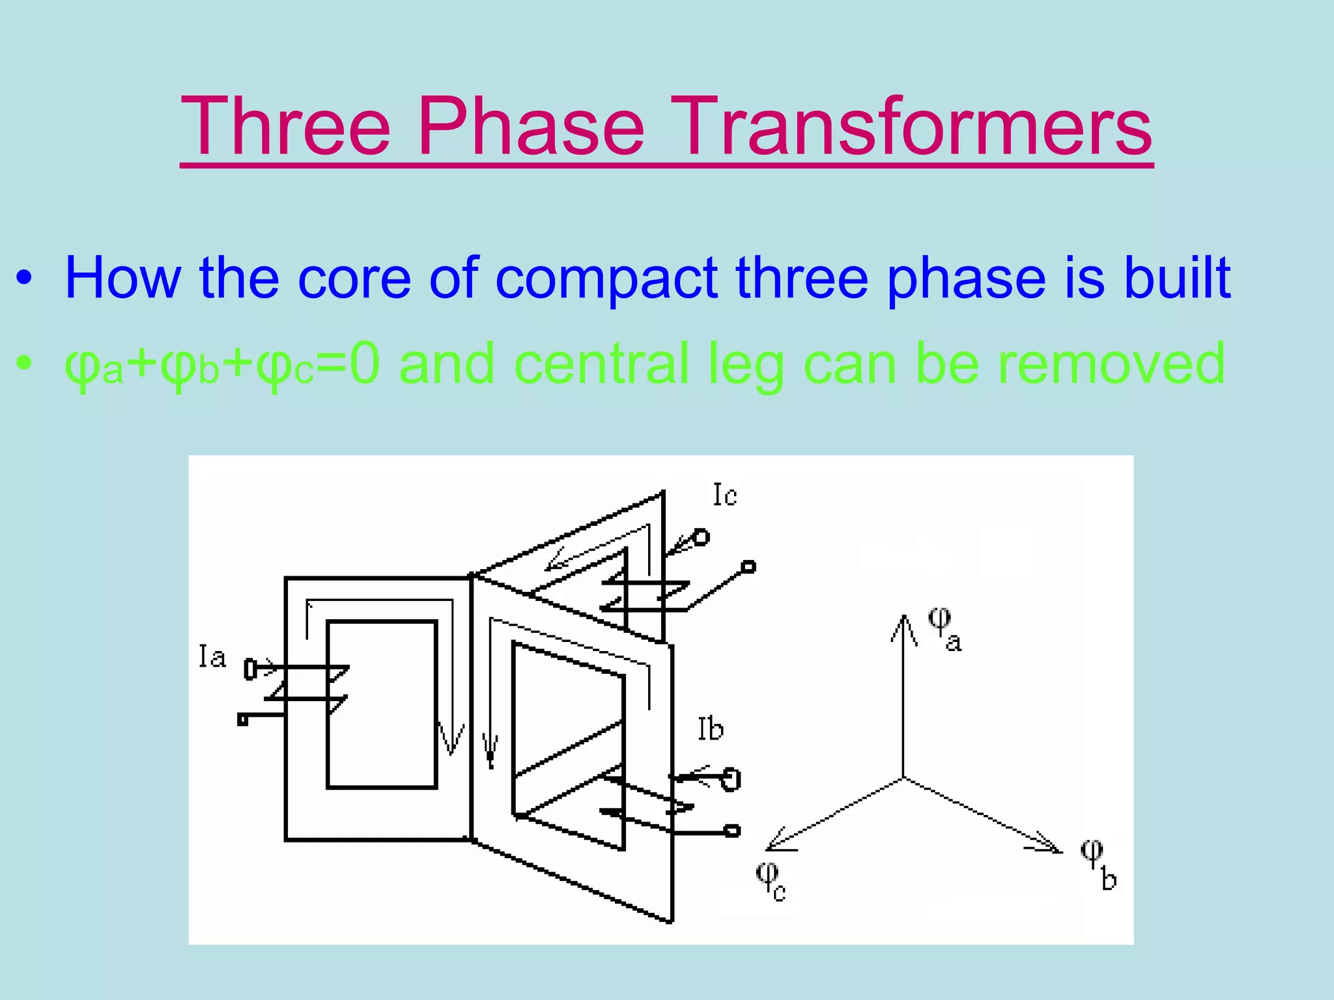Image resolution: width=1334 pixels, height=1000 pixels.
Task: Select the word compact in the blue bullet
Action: coord(606,279)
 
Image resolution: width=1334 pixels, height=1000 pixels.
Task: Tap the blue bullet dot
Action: coord(24,279)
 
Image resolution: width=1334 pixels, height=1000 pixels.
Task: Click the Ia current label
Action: coord(212,657)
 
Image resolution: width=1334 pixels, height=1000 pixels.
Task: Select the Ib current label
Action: coord(710,729)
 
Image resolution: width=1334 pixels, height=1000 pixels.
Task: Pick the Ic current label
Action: coord(724,495)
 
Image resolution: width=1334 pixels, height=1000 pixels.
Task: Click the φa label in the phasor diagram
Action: coord(944,628)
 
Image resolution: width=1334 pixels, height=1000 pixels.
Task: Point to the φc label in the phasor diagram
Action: coord(771,881)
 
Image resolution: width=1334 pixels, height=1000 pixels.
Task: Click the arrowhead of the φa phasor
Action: coord(903,622)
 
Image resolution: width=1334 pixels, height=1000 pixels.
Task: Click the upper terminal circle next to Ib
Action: coord(731,779)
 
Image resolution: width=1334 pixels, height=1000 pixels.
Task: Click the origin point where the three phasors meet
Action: coord(903,777)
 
